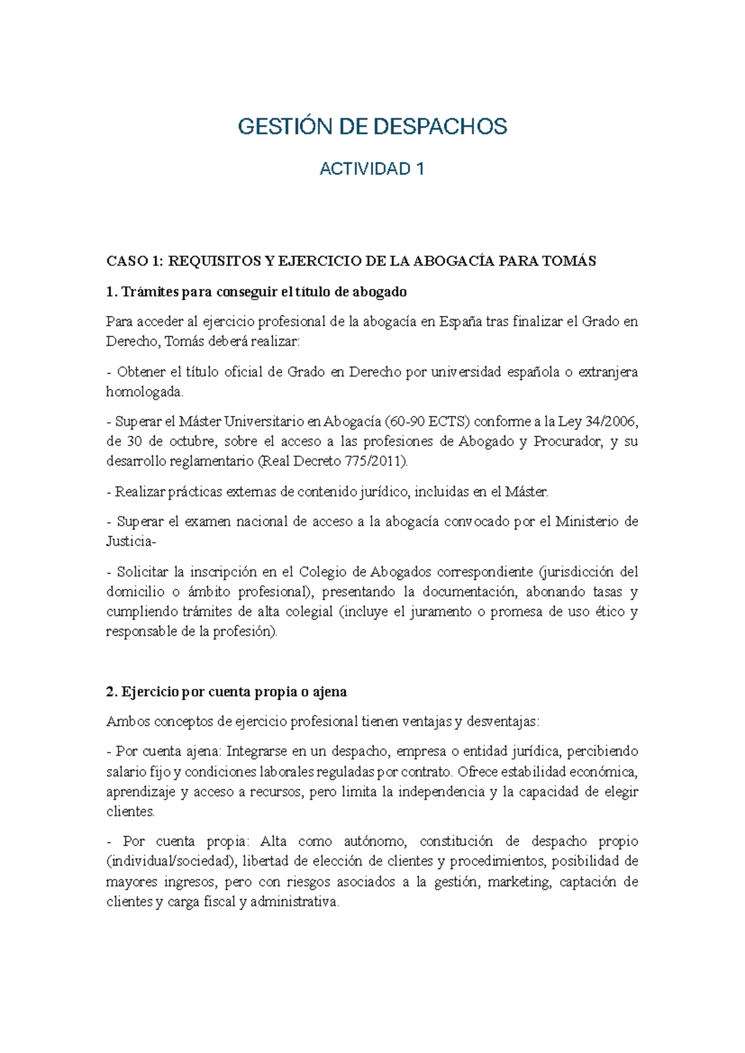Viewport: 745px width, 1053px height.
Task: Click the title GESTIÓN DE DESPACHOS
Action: tap(372, 127)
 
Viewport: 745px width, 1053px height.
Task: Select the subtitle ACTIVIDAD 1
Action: tap(372, 169)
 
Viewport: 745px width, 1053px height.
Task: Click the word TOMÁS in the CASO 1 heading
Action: tap(569, 261)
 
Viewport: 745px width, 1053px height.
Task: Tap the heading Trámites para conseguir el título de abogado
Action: tap(256, 292)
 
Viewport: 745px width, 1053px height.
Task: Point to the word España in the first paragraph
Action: tap(461, 322)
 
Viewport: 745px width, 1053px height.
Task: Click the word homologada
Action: tap(145, 392)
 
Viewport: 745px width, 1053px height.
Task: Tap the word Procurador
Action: tap(568, 441)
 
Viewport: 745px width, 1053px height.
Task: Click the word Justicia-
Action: tap(132, 541)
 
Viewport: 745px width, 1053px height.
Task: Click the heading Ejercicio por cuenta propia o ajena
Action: tap(227, 692)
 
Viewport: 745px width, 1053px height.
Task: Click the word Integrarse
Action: tap(257, 751)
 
